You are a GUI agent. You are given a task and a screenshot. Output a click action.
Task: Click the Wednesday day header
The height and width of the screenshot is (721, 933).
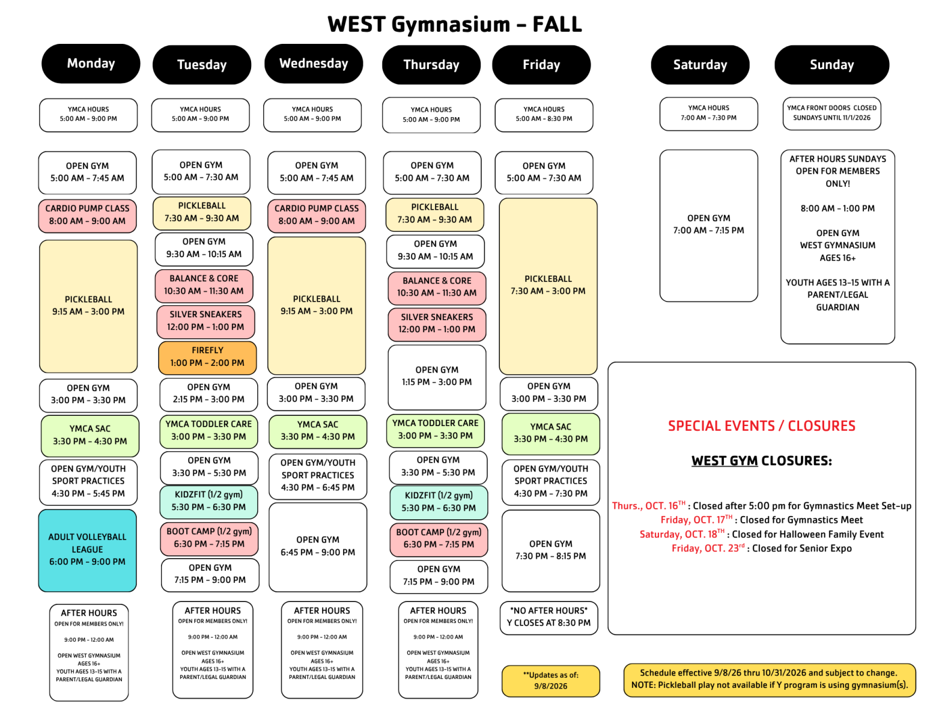tap(314, 64)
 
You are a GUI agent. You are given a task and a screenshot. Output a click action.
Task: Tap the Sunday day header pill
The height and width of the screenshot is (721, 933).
tap(831, 65)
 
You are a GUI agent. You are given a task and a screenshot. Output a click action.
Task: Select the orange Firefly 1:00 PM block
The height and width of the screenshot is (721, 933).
tap(207, 357)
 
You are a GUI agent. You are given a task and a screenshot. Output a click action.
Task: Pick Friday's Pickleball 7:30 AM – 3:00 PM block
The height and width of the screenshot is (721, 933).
tap(548, 285)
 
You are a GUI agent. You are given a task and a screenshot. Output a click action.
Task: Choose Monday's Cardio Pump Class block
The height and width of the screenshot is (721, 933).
tap(87, 215)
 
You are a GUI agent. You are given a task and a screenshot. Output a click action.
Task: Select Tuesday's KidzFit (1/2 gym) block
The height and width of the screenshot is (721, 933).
tap(208, 502)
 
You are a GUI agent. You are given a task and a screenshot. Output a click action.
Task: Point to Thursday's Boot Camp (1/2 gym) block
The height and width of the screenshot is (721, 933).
tap(439, 539)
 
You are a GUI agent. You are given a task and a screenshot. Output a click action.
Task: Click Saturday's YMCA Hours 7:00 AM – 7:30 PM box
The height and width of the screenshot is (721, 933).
tap(708, 114)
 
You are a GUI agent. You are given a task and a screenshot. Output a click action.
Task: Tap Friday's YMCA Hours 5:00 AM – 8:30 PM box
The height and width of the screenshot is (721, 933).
tap(544, 115)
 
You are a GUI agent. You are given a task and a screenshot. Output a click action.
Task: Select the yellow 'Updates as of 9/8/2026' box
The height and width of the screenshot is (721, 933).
tap(550, 681)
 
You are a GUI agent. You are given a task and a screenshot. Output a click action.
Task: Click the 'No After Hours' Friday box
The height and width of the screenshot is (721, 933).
tap(549, 618)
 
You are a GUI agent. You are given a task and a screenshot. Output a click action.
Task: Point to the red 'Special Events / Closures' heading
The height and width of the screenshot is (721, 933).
tap(761, 425)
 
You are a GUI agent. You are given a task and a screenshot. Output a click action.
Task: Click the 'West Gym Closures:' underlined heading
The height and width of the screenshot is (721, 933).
tap(761, 461)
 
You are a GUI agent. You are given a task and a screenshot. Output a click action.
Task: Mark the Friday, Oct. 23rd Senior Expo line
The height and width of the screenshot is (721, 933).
tap(761, 549)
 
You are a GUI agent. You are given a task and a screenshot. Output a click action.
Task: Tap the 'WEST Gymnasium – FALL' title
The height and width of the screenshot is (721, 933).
tap(455, 24)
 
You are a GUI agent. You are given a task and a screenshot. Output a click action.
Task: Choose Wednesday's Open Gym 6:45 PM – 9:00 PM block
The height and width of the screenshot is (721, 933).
tap(318, 547)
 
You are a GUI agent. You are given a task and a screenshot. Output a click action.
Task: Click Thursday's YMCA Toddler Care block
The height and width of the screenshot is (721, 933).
tap(435, 430)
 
